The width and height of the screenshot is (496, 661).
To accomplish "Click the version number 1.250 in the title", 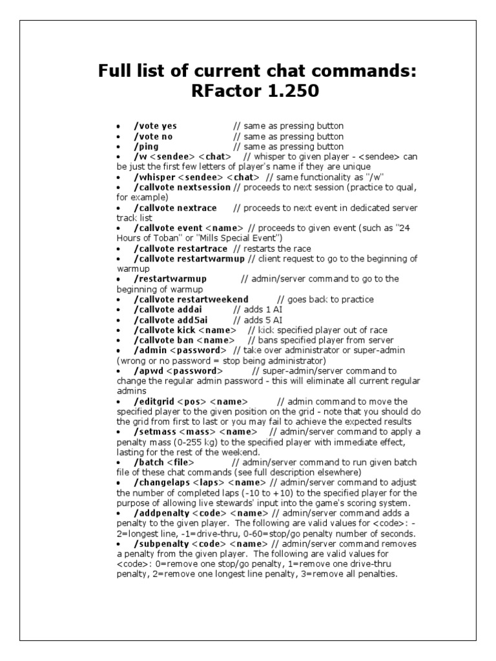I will [x=291, y=92].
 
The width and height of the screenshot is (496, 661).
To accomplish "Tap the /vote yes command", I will [x=155, y=126].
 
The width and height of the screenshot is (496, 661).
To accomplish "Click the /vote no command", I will [x=153, y=136].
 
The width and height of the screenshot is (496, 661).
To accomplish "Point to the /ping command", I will [x=146, y=147].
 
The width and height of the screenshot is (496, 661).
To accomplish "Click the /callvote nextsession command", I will [x=182, y=187].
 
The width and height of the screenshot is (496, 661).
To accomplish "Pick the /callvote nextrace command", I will [x=175, y=208].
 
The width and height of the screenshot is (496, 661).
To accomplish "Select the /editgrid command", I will [x=154, y=402].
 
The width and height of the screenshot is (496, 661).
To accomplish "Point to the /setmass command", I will [x=155, y=432].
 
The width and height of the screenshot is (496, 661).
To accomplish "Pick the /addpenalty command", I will [x=161, y=513].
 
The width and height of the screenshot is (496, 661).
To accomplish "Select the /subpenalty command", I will [x=161, y=544].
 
